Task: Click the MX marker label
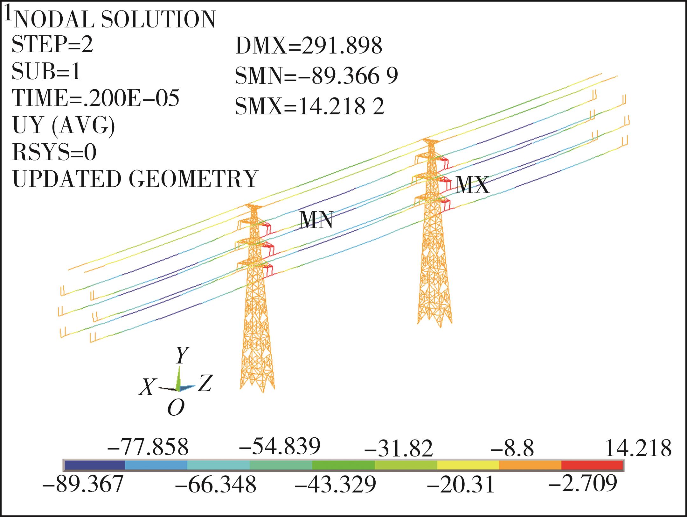click(x=472, y=185)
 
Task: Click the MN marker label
click(x=317, y=220)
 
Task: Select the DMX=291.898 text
click(x=309, y=46)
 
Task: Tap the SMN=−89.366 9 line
click(x=316, y=76)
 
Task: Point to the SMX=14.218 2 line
click(x=310, y=106)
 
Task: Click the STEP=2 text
click(x=52, y=44)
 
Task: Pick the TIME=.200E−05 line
click(x=95, y=97)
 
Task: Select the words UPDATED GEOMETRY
click(x=135, y=179)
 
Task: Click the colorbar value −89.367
click(x=83, y=484)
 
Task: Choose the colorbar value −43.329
click(x=336, y=485)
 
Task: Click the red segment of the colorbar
click(x=592, y=465)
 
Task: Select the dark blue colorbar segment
click(x=94, y=465)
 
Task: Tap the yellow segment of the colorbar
click(x=468, y=465)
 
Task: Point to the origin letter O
click(x=176, y=408)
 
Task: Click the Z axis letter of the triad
click(x=205, y=383)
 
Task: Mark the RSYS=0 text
click(x=54, y=152)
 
